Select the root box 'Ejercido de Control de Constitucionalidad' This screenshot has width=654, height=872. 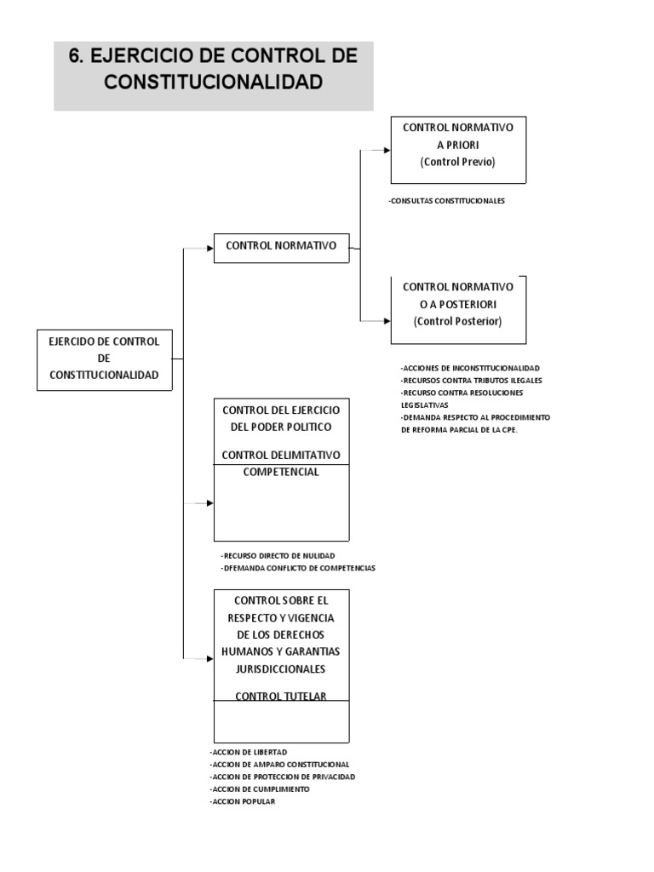[105, 359]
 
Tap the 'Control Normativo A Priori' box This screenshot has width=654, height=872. [457, 151]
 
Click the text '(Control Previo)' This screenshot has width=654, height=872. [457, 162]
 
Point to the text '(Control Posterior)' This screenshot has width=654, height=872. [457, 322]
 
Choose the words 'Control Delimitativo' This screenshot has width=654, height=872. [281, 455]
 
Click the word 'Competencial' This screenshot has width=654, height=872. [281, 473]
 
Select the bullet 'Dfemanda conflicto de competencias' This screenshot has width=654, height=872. [298, 567]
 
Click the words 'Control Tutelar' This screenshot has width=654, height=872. [281, 697]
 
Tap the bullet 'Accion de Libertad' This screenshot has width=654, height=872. [248, 753]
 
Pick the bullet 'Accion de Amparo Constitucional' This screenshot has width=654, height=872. [278, 765]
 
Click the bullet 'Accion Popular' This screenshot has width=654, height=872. [242, 801]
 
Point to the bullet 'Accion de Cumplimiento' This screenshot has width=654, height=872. [258, 789]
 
